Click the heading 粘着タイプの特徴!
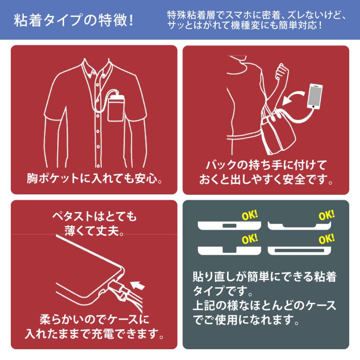74,20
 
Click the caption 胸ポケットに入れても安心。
94,178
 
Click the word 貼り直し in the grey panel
216,276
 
